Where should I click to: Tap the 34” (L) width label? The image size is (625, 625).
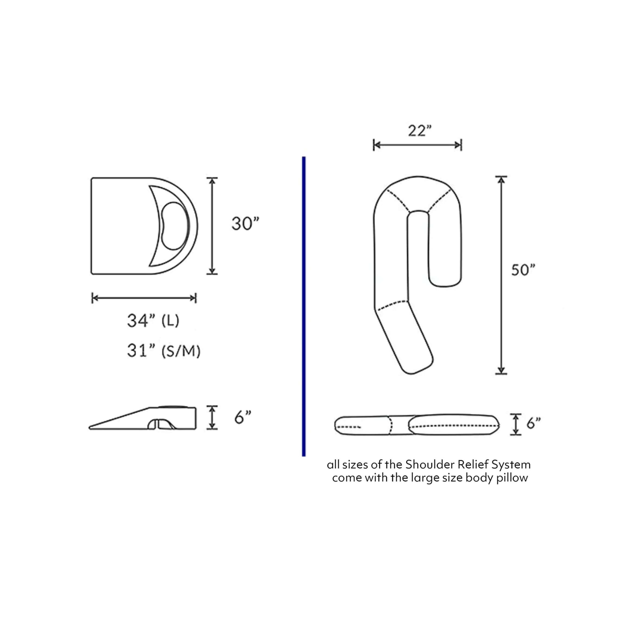[x=153, y=321]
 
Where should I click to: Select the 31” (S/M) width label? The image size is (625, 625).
[x=164, y=351]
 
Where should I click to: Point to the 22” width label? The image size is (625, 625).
[x=420, y=131]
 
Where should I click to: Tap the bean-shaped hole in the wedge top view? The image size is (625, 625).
[x=175, y=226]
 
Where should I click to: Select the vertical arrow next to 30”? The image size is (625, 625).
[x=212, y=226]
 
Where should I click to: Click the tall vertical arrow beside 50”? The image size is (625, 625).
[x=501, y=275]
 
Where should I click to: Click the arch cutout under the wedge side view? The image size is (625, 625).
[x=159, y=424]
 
